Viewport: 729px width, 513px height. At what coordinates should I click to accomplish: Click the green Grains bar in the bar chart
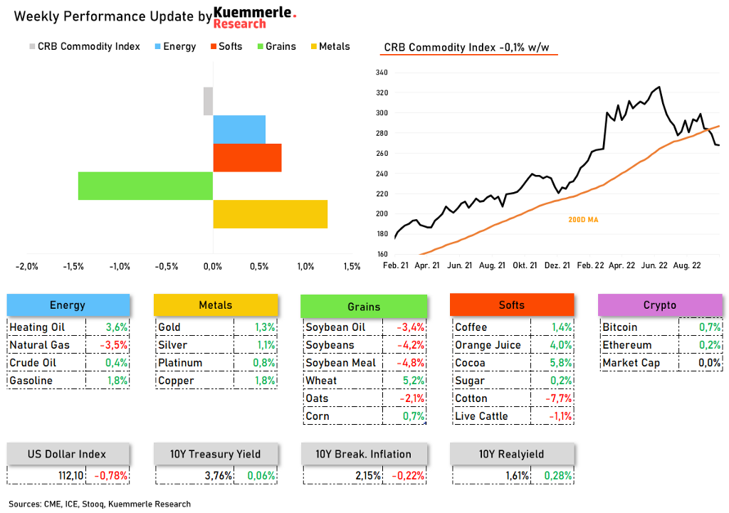(x=145, y=186)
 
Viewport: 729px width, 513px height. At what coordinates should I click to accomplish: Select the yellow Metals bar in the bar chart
(x=270, y=214)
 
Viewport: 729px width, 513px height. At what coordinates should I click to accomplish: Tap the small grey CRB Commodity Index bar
(x=208, y=101)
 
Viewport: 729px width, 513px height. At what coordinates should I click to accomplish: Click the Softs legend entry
(x=225, y=46)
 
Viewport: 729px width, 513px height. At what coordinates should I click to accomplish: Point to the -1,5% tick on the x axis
(x=73, y=266)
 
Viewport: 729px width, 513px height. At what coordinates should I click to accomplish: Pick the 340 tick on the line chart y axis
(x=381, y=73)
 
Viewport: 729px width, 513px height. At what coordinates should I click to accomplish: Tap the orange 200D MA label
(x=582, y=220)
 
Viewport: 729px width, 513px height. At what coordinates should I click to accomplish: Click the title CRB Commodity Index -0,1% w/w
(x=467, y=48)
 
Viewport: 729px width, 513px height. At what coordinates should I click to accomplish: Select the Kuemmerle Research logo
(x=254, y=18)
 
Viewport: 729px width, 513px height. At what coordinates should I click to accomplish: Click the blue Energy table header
(x=68, y=305)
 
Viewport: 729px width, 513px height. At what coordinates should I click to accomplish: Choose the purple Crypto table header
(x=659, y=305)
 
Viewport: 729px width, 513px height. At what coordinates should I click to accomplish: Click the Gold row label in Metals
(x=169, y=327)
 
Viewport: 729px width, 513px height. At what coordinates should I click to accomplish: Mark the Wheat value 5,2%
(x=414, y=381)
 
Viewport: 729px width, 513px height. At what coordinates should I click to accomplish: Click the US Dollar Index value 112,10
(x=70, y=475)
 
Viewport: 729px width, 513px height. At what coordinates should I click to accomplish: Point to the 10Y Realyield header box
(x=511, y=454)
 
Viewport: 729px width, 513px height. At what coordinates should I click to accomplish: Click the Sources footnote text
(x=100, y=504)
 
